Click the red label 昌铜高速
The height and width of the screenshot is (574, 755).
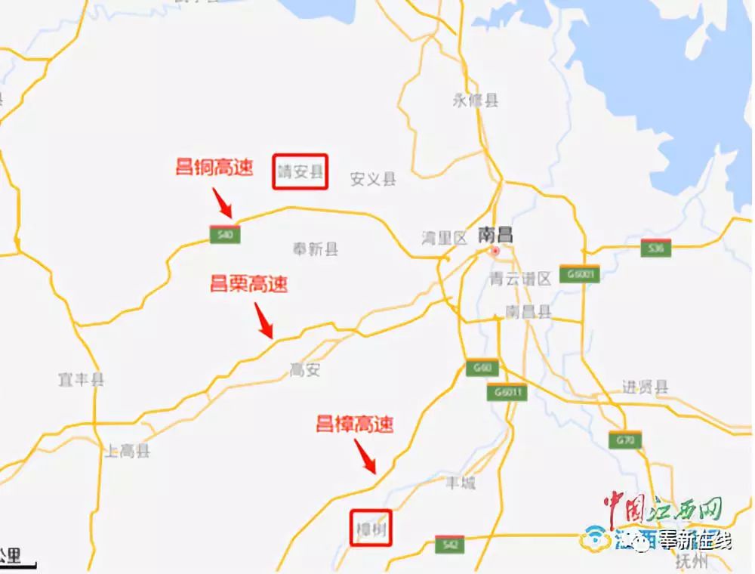214,167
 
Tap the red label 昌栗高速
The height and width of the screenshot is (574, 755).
248,285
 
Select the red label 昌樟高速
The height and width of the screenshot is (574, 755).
354,424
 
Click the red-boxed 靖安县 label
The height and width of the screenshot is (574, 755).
300,172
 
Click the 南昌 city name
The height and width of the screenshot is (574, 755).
495,235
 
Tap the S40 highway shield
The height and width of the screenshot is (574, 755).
225,234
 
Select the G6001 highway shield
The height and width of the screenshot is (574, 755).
580,273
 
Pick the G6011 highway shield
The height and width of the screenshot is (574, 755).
506,392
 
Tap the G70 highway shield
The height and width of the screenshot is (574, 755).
625,439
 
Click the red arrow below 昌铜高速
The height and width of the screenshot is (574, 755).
223,202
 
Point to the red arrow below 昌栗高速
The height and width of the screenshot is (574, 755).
264,321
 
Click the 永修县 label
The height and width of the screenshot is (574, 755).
476,100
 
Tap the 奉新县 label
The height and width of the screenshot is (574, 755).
315,248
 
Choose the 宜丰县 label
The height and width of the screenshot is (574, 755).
81,379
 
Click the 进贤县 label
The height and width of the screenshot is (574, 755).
646,387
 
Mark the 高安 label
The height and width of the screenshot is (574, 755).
305,369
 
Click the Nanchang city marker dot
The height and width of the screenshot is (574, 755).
495,251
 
